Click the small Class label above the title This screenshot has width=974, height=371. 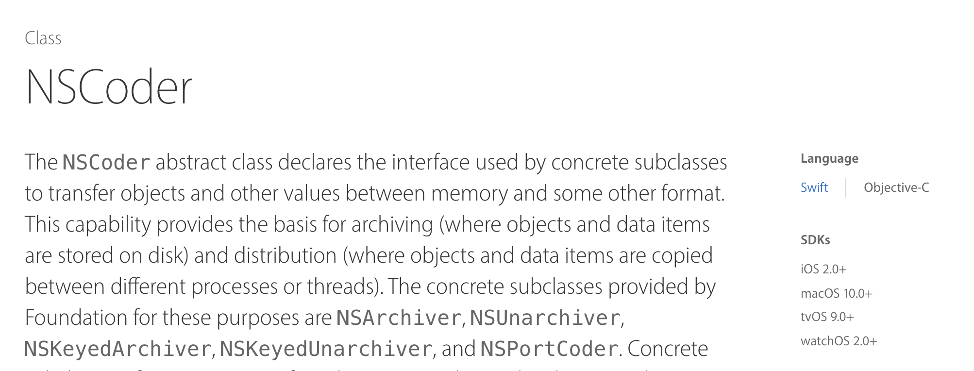(x=43, y=38)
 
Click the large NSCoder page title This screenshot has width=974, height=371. (x=109, y=88)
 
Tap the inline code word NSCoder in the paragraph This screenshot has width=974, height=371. (x=106, y=163)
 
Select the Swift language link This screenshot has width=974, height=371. (x=814, y=187)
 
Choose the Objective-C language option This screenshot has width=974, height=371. (x=896, y=187)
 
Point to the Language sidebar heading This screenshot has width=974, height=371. (x=829, y=159)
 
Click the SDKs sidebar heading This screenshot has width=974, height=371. (x=815, y=240)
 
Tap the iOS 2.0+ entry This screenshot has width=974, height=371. (x=823, y=269)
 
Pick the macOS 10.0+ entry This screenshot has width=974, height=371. (x=837, y=293)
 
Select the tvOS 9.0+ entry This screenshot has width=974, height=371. (x=827, y=317)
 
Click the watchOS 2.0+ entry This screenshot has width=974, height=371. (x=839, y=341)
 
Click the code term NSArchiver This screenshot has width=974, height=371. (x=399, y=318)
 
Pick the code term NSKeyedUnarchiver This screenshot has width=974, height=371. (x=326, y=349)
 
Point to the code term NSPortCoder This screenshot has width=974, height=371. (x=549, y=349)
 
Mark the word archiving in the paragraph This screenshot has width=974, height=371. (x=392, y=225)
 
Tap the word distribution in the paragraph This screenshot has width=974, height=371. (x=285, y=256)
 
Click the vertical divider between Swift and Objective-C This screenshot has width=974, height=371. (x=846, y=188)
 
